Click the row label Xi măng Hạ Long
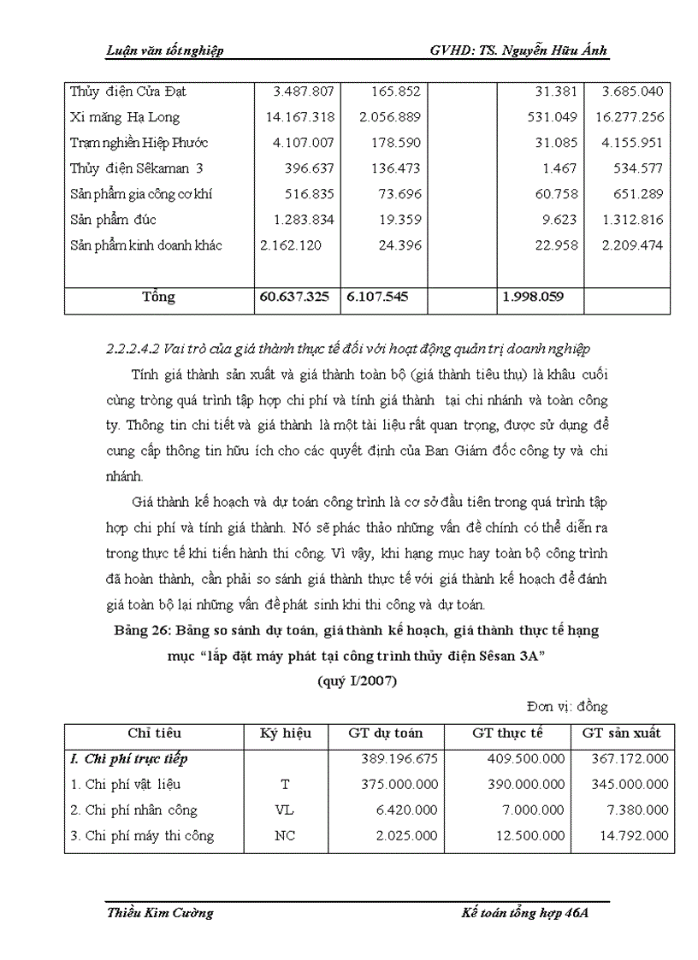coord(125,117)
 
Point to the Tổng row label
coord(159,297)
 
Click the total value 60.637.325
coord(295,297)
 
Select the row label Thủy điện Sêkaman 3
coord(136,168)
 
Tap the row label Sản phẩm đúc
coord(111,220)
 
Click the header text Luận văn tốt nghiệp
coord(164,51)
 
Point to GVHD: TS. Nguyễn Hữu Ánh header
coord(519,51)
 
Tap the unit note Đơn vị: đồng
coord(567,707)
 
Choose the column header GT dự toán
coord(385,733)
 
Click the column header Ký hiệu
coord(286,733)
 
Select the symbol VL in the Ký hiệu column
coord(286,810)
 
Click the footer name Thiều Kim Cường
coord(160,913)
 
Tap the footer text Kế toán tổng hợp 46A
coord(525,913)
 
